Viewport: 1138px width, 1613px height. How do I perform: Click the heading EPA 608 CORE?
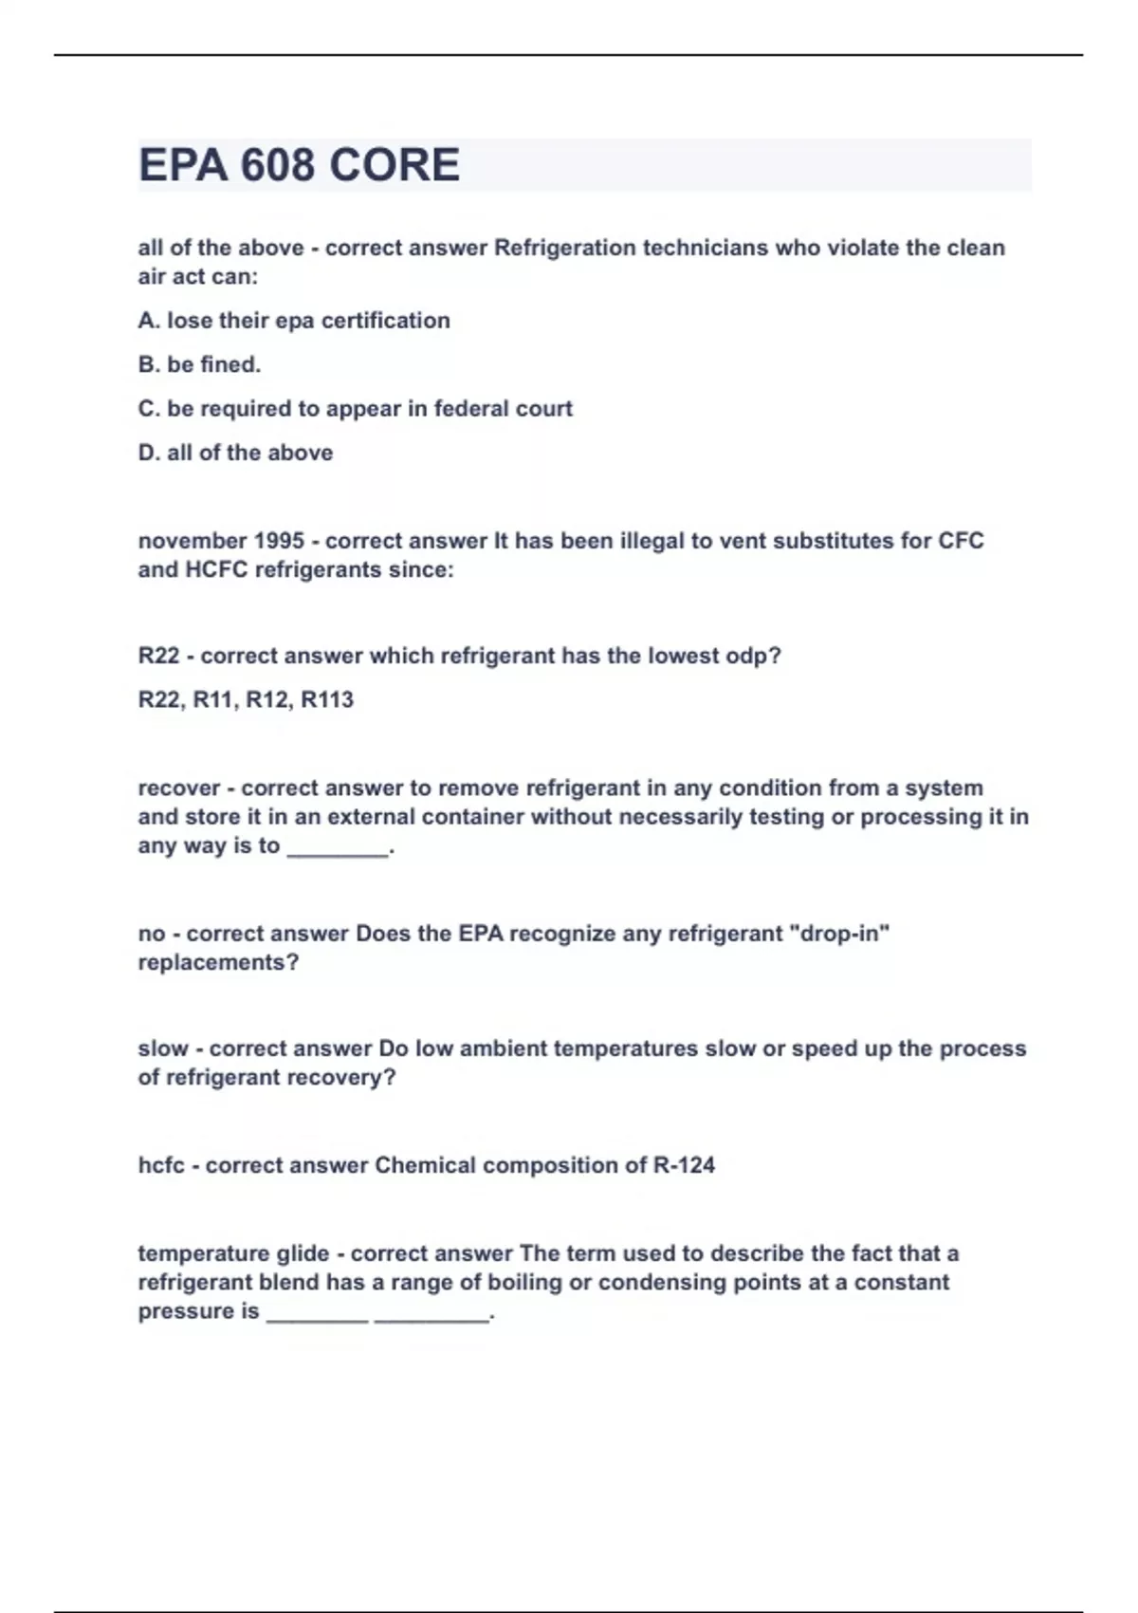pos(299,165)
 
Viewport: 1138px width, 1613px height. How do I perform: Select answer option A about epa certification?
pos(294,321)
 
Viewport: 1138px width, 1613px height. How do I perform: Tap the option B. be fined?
pos(199,364)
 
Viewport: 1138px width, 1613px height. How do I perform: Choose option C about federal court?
pos(355,409)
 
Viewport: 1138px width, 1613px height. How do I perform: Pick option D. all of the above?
pos(235,453)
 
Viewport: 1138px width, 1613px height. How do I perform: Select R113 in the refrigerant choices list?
pos(327,700)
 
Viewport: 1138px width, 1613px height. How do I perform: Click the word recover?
pos(179,788)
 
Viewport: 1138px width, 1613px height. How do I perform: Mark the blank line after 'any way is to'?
pos(339,847)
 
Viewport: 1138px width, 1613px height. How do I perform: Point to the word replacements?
pos(218,962)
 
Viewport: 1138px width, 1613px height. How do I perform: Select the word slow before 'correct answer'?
pos(163,1048)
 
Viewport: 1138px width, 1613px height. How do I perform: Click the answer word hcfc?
pos(161,1165)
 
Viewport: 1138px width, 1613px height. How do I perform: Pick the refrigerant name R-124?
pos(684,1165)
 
